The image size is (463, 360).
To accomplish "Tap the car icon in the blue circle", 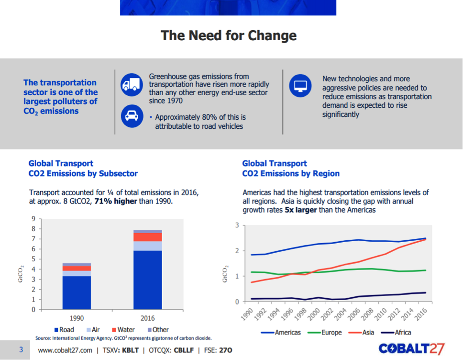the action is pyautogui.click(x=132, y=116).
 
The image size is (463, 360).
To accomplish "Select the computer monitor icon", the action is pyautogui.click(x=300, y=86).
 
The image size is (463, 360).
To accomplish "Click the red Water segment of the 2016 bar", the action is pyautogui.click(x=148, y=237).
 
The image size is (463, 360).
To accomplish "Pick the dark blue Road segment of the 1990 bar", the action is pyautogui.click(x=77, y=292).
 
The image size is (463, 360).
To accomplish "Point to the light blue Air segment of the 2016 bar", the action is pyautogui.click(x=148, y=246).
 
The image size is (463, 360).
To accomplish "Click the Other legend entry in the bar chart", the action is pyautogui.click(x=158, y=329).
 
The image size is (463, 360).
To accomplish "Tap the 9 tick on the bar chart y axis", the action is pyautogui.click(x=33, y=219).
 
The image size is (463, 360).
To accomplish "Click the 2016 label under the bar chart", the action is pyautogui.click(x=148, y=318).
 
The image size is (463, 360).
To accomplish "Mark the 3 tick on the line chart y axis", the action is pyautogui.click(x=237, y=225).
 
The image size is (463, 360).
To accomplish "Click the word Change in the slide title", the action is pyautogui.click(x=272, y=35).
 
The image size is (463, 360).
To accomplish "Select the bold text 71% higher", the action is pyautogui.click(x=116, y=201).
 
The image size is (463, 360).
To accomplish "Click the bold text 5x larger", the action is pyautogui.click(x=300, y=210).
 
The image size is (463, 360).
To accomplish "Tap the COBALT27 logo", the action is pyautogui.click(x=412, y=349).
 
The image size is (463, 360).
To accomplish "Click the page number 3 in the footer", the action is pyautogui.click(x=21, y=350).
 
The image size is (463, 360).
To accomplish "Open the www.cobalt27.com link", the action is pyautogui.click(x=65, y=350).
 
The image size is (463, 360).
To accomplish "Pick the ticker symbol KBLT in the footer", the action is pyautogui.click(x=130, y=350).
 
